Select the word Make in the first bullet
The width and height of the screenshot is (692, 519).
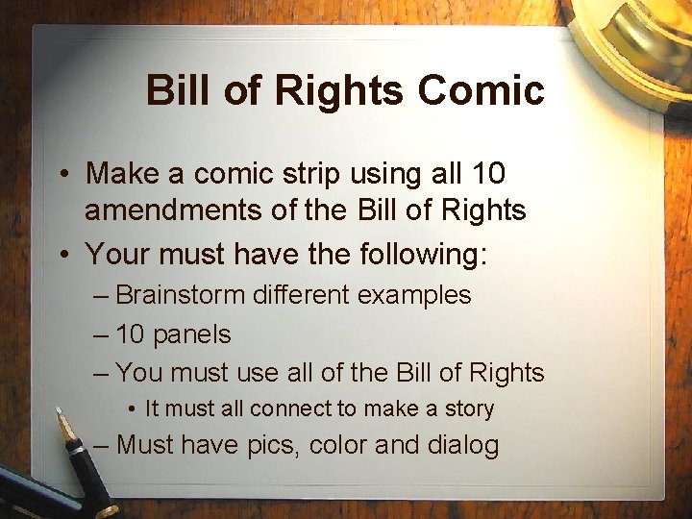123,175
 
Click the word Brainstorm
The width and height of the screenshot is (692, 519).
180,295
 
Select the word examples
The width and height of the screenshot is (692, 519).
414,295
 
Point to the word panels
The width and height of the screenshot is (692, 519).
192,334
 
